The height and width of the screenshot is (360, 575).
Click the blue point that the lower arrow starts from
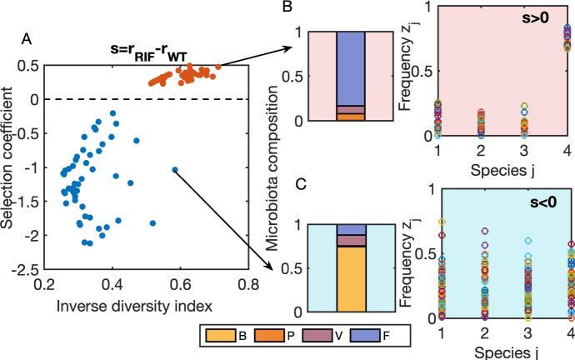pos(175,169)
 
